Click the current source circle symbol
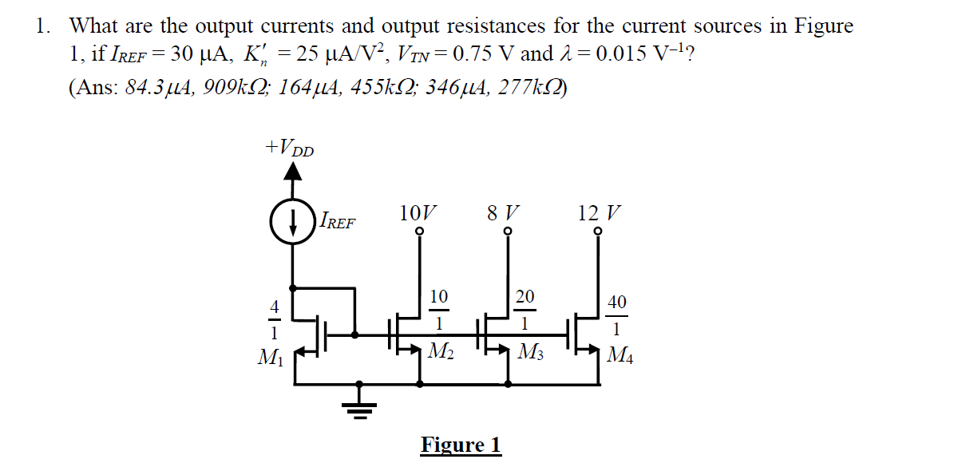click(x=295, y=218)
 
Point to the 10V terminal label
click(x=418, y=213)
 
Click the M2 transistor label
click(x=441, y=351)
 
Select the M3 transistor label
click(x=530, y=351)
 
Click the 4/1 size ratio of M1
click(x=273, y=319)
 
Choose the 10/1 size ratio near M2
click(x=438, y=310)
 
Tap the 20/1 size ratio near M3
click(x=525, y=310)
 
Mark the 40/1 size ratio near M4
click(x=617, y=315)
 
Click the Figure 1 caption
click(x=461, y=444)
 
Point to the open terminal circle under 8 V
click(x=508, y=232)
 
